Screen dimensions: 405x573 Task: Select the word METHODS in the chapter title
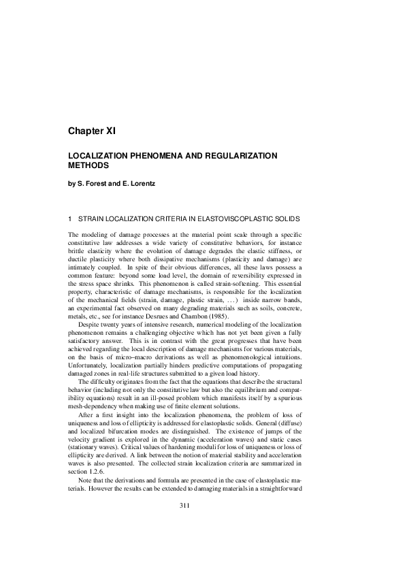point(88,165)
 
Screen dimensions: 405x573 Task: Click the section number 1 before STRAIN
point(70,218)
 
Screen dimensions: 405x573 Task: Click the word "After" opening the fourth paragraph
point(86,430)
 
